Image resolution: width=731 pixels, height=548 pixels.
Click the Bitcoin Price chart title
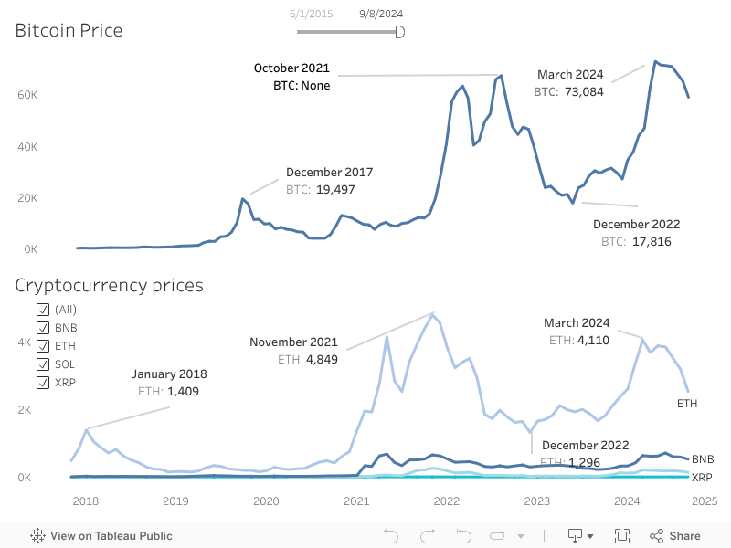pyautogui.click(x=69, y=31)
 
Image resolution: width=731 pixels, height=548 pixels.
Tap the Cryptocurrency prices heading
pyautogui.click(x=109, y=286)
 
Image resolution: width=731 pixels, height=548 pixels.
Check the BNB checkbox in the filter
pyautogui.click(x=43, y=328)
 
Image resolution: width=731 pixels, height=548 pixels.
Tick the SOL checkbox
pyautogui.click(x=43, y=364)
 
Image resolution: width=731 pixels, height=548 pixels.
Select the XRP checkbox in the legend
pyautogui.click(x=43, y=383)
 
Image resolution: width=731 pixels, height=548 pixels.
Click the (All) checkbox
pyautogui.click(x=43, y=310)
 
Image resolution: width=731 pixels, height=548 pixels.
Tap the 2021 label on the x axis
pyautogui.click(x=355, y=501)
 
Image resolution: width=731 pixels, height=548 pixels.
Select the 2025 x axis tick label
pyautogui.click(x=704, y=501)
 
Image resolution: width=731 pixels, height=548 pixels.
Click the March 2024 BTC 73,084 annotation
pyautogui.click(x=569, y=83)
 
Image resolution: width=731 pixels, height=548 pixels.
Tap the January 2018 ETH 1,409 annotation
pyautogui.click(x=169, y=383)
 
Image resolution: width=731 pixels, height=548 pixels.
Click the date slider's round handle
pyautogui.click(x=399, y=32)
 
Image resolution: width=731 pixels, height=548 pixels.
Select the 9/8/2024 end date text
pyautogui.click(x=381, y=14)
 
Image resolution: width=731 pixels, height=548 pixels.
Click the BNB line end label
pyautogui.click(x=703, y=458)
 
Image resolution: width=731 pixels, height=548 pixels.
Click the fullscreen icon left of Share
pyautogui.click(x=622, y=536)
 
